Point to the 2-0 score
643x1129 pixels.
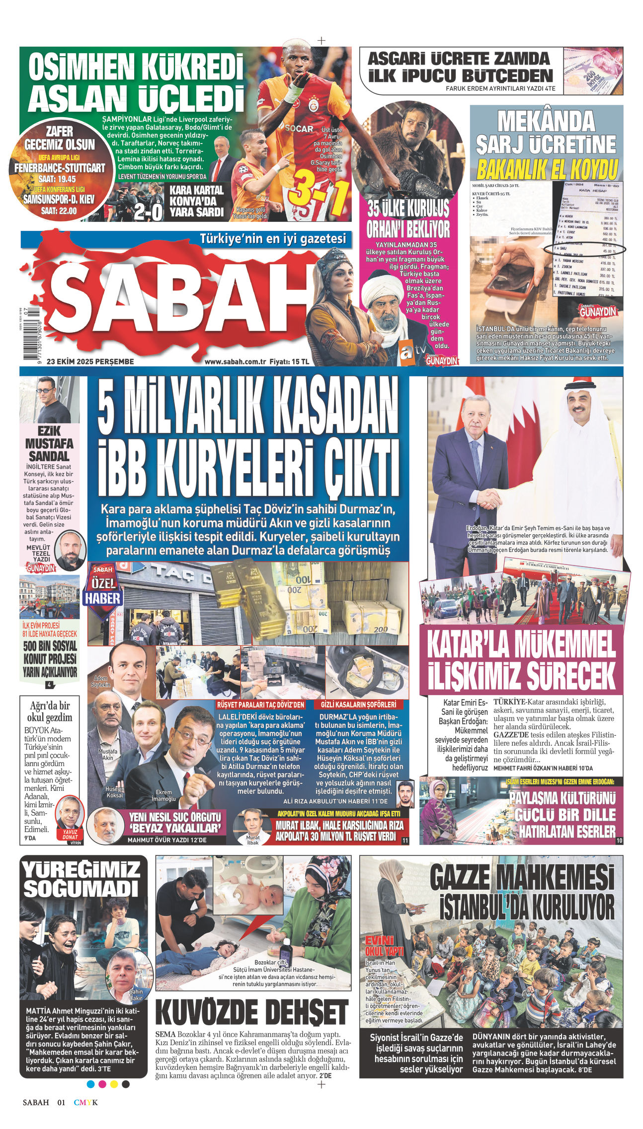coord(148,212)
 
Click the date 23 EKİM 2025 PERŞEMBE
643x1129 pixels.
coord(90,361)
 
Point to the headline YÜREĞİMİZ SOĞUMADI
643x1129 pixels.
coord(81,878)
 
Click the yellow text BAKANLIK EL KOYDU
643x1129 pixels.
coord(547,169)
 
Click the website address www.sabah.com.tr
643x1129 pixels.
coord(236,361)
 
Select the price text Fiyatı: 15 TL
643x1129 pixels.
coord(289,361)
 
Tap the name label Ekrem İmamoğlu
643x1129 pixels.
coord(163,795)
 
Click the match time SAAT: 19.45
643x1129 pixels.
coord(59,179)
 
